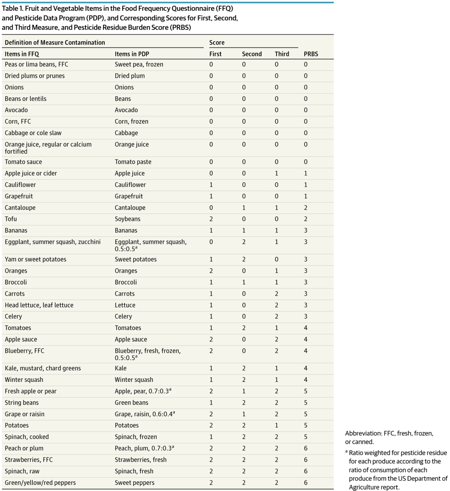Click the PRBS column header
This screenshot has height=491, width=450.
(x=311, y=54)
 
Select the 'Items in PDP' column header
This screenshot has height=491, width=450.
(x=132, y=54)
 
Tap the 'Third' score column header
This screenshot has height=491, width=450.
(x=282, y=54)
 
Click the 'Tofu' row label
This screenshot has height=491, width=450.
(x=10, y=219)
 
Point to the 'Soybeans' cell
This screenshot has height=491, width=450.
(x=127, y=219)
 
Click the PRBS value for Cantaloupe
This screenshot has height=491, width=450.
(x=306, y=208)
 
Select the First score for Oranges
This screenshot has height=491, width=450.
(x=211, y=271)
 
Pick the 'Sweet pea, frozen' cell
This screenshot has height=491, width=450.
(x=139, y=65)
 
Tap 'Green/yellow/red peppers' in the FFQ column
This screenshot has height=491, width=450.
(x=40, y=483)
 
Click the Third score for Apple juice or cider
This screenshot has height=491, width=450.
(x=277, y=173)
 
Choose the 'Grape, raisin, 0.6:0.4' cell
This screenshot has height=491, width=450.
(x=144, y=414)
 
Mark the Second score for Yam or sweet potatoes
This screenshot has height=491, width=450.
(x=244, y=259)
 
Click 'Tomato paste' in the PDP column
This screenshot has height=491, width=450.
(x=133, y=162)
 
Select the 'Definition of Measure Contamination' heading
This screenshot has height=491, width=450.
(x=55, y=43)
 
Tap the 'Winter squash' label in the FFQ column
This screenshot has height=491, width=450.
(x=24, y=380)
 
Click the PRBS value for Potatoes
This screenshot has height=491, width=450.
(x=306, y=425)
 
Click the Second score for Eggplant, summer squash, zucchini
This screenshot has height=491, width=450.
(x=244, y=242)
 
